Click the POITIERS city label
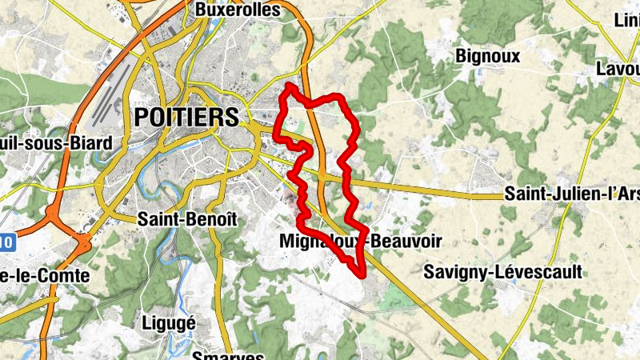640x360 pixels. tap(186, 117)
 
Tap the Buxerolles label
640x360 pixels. tap(238, 10)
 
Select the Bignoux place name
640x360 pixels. tap(487, 56)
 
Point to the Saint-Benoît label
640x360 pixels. tap(177, 218)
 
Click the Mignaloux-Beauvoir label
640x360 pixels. tap(361, 241)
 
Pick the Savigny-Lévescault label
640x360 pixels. tap(502, 272)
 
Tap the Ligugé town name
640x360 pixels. tap(168, 322)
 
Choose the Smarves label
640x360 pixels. tap(227, 354)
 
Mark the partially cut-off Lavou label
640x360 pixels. tap(618, 69)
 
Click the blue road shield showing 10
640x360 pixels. tap(6, 241)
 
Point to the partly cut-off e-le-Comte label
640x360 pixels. tap(44, 275)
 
